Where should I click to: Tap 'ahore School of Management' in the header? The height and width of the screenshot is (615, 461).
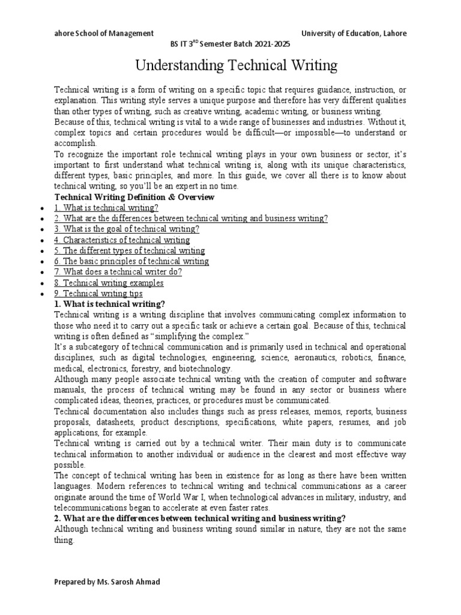pos(104,34)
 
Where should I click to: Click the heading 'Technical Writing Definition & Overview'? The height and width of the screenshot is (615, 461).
pos(134,197)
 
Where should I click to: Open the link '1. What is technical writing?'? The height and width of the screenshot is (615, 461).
pos(106,208)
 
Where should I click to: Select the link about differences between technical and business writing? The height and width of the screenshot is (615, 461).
pos(191,219)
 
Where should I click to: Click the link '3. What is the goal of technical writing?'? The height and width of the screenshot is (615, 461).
pos(127,229)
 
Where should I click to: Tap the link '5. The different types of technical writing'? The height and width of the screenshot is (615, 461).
pos(129,250)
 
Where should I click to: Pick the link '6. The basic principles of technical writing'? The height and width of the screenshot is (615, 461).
pos(131,261)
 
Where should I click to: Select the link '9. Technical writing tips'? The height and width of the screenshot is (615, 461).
pos(98,294)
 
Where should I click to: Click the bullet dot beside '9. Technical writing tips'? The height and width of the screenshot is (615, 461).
pos(40,294)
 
